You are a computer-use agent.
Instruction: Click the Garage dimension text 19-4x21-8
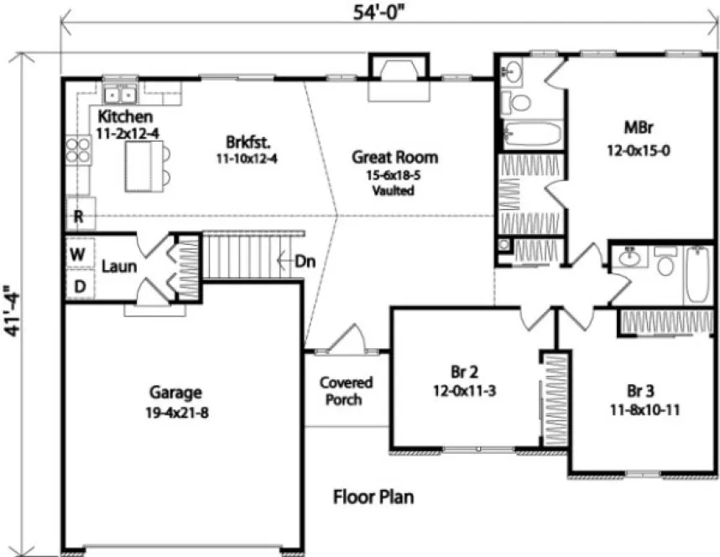(176, 412)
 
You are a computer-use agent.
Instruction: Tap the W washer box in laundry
(79, 252)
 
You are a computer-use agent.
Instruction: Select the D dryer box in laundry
(79, 286)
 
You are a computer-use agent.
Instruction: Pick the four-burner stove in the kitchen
(78, 150)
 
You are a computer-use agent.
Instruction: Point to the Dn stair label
(305, 261)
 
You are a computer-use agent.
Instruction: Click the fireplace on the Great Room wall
(399, 71)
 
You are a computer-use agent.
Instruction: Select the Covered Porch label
(346, 391)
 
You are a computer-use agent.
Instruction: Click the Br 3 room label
(640, 391)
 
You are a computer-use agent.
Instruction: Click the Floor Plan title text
(373, 497)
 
